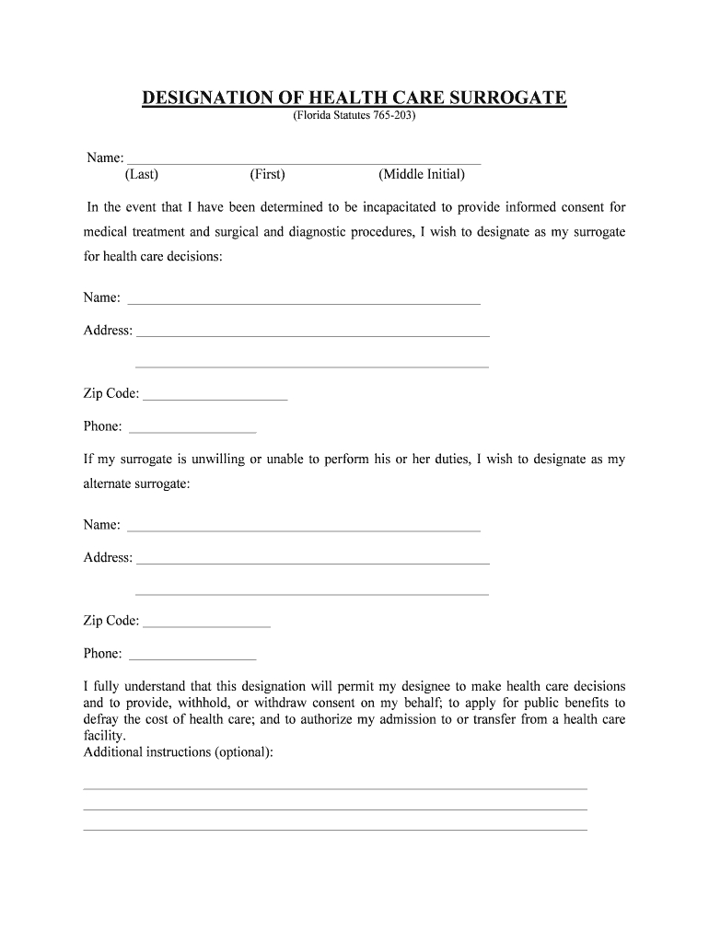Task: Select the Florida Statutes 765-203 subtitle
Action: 354,118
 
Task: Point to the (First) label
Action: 267,174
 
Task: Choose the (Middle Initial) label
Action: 421,174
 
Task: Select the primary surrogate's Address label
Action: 108,331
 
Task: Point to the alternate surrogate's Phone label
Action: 102,654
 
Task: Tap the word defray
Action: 101,719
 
